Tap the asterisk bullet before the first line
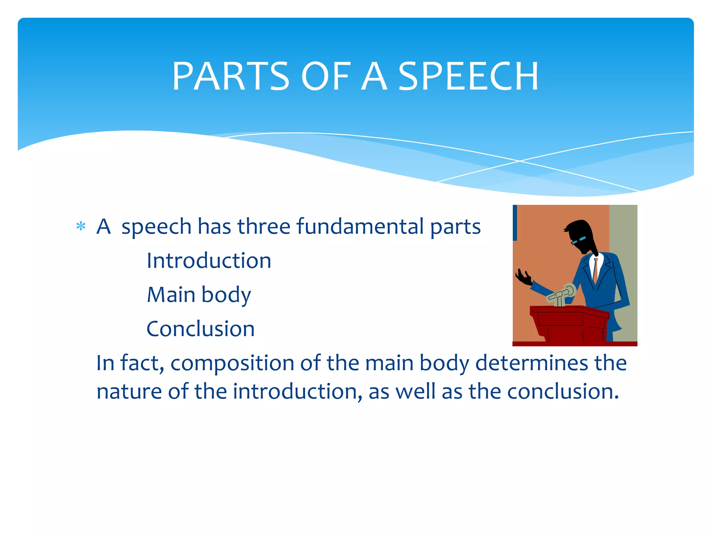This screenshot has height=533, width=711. pos(81,227)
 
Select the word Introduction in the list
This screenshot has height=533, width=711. pos(209,261)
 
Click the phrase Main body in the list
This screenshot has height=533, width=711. pos(199,295)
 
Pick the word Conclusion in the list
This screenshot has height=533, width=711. pos(200,329)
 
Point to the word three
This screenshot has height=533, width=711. pos(264,227)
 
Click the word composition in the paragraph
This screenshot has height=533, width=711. pos(232,363)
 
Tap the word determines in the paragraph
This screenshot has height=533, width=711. pos(531,363)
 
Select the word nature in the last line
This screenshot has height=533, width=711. pos(129,391)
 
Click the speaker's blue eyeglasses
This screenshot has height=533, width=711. pos(578,240)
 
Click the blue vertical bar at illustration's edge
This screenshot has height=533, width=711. pos(515,222)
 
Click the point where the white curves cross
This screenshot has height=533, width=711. pos(520,161)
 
